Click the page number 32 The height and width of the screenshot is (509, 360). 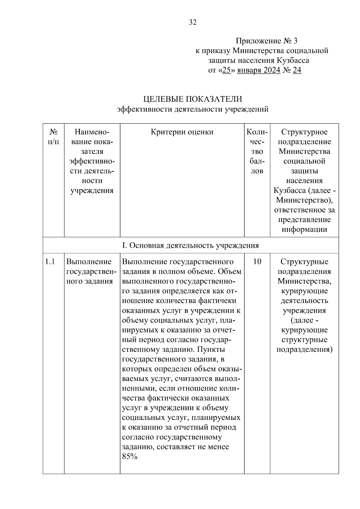point(193,22)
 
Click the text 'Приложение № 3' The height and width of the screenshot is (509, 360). point(266,41)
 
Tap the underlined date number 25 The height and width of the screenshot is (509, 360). point(226,70)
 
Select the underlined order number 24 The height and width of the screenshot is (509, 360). point(297,70)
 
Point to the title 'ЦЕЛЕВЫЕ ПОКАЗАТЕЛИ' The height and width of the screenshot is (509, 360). point(193,99)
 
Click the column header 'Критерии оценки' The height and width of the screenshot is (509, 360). point(182,132)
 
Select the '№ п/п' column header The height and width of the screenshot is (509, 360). point(53,137)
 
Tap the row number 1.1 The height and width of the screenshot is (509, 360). point(50,262)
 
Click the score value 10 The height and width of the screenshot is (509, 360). point(257,262)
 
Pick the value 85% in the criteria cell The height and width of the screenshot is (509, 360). point(130,457)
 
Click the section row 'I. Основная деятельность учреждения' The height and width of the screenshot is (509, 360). point(190,246)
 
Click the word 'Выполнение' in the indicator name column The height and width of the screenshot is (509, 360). point(89,262)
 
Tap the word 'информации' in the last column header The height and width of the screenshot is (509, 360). point(304,229)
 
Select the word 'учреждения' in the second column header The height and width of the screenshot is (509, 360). point(92,190)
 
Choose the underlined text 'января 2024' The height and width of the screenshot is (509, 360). point(259,70)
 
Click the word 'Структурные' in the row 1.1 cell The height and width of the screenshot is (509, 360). point(304,262)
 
